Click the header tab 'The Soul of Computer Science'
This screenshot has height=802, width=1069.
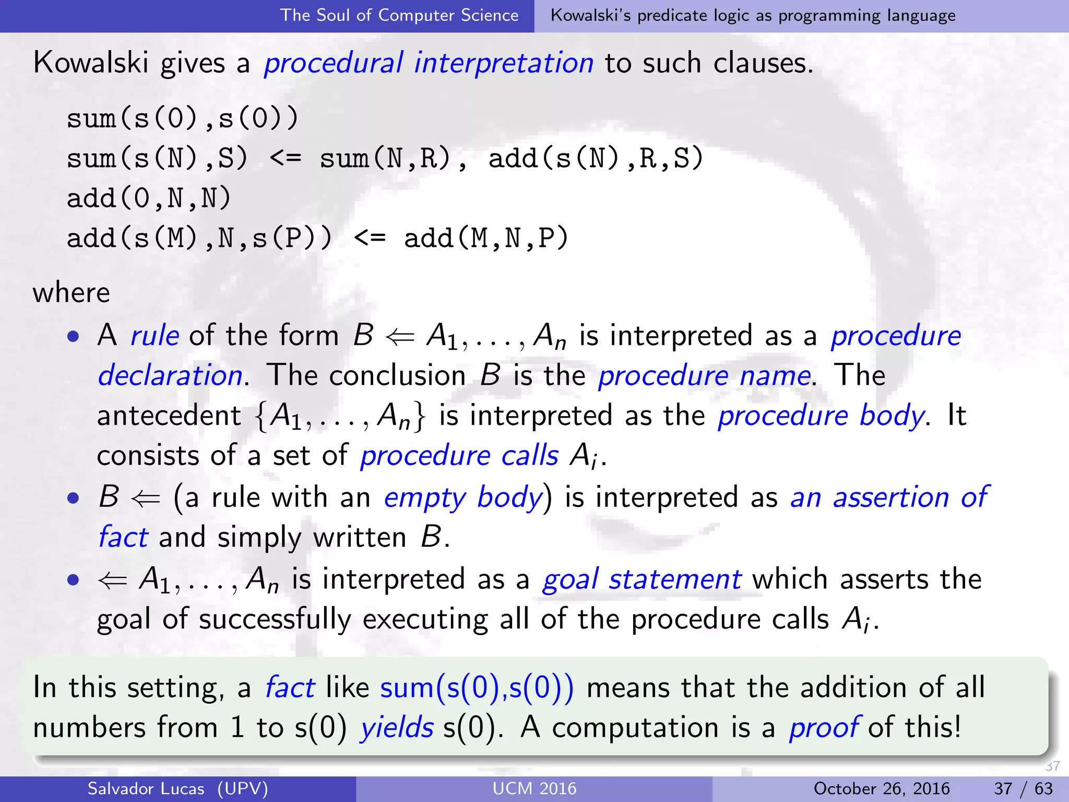tap(399, 15)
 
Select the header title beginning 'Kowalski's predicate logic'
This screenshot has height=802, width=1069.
tap(753, 15)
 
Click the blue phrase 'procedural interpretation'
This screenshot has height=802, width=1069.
tap(429, 63)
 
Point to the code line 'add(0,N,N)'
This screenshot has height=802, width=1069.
tap(149, 198)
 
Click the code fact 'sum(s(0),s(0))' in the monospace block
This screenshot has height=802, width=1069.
tap(183, 118)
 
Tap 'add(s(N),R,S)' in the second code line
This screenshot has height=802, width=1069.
tap(596, 158)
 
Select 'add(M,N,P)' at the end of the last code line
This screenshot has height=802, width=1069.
tap(486, 239)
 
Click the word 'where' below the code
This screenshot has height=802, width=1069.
tap(72, 292)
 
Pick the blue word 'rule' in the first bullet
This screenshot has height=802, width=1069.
tap(155, 335)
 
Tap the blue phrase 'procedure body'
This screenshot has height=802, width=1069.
tap(821, 416)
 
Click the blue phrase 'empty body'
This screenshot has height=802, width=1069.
tap(464, 497)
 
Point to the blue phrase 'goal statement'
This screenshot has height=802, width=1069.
tap(642, 579)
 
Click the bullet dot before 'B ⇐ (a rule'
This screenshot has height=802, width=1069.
tap(74, 498)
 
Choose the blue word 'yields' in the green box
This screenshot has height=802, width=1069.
tap(397, 727)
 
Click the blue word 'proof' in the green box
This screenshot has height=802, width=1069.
tap(823, 727)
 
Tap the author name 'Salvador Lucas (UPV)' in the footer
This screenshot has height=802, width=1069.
tap(177, 788)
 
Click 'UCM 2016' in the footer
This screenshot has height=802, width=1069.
tap(534, 788)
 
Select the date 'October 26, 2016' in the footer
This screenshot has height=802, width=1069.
tap(881, 788)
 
